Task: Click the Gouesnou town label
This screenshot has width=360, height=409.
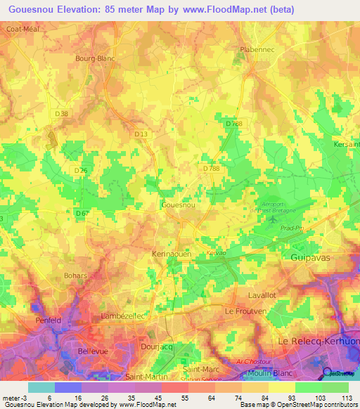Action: click(178, 204)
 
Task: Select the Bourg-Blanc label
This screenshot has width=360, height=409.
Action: click(95, 59)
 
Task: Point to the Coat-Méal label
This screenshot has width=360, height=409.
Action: click(21, 29)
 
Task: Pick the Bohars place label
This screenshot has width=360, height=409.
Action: click(75, 276)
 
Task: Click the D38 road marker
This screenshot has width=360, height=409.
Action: click(63, 114)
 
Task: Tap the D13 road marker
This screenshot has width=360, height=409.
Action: click(141, 134)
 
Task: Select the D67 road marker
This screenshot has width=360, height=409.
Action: click(82, 213)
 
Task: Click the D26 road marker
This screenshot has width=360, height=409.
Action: click(82, 170)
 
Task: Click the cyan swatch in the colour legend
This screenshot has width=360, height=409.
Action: click(41, 387)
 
